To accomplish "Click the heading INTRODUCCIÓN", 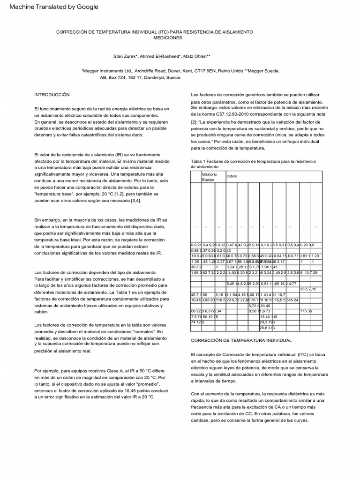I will pos(52,95).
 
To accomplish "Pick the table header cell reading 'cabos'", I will pos(232,177).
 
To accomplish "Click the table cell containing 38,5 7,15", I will pos(307,289).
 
